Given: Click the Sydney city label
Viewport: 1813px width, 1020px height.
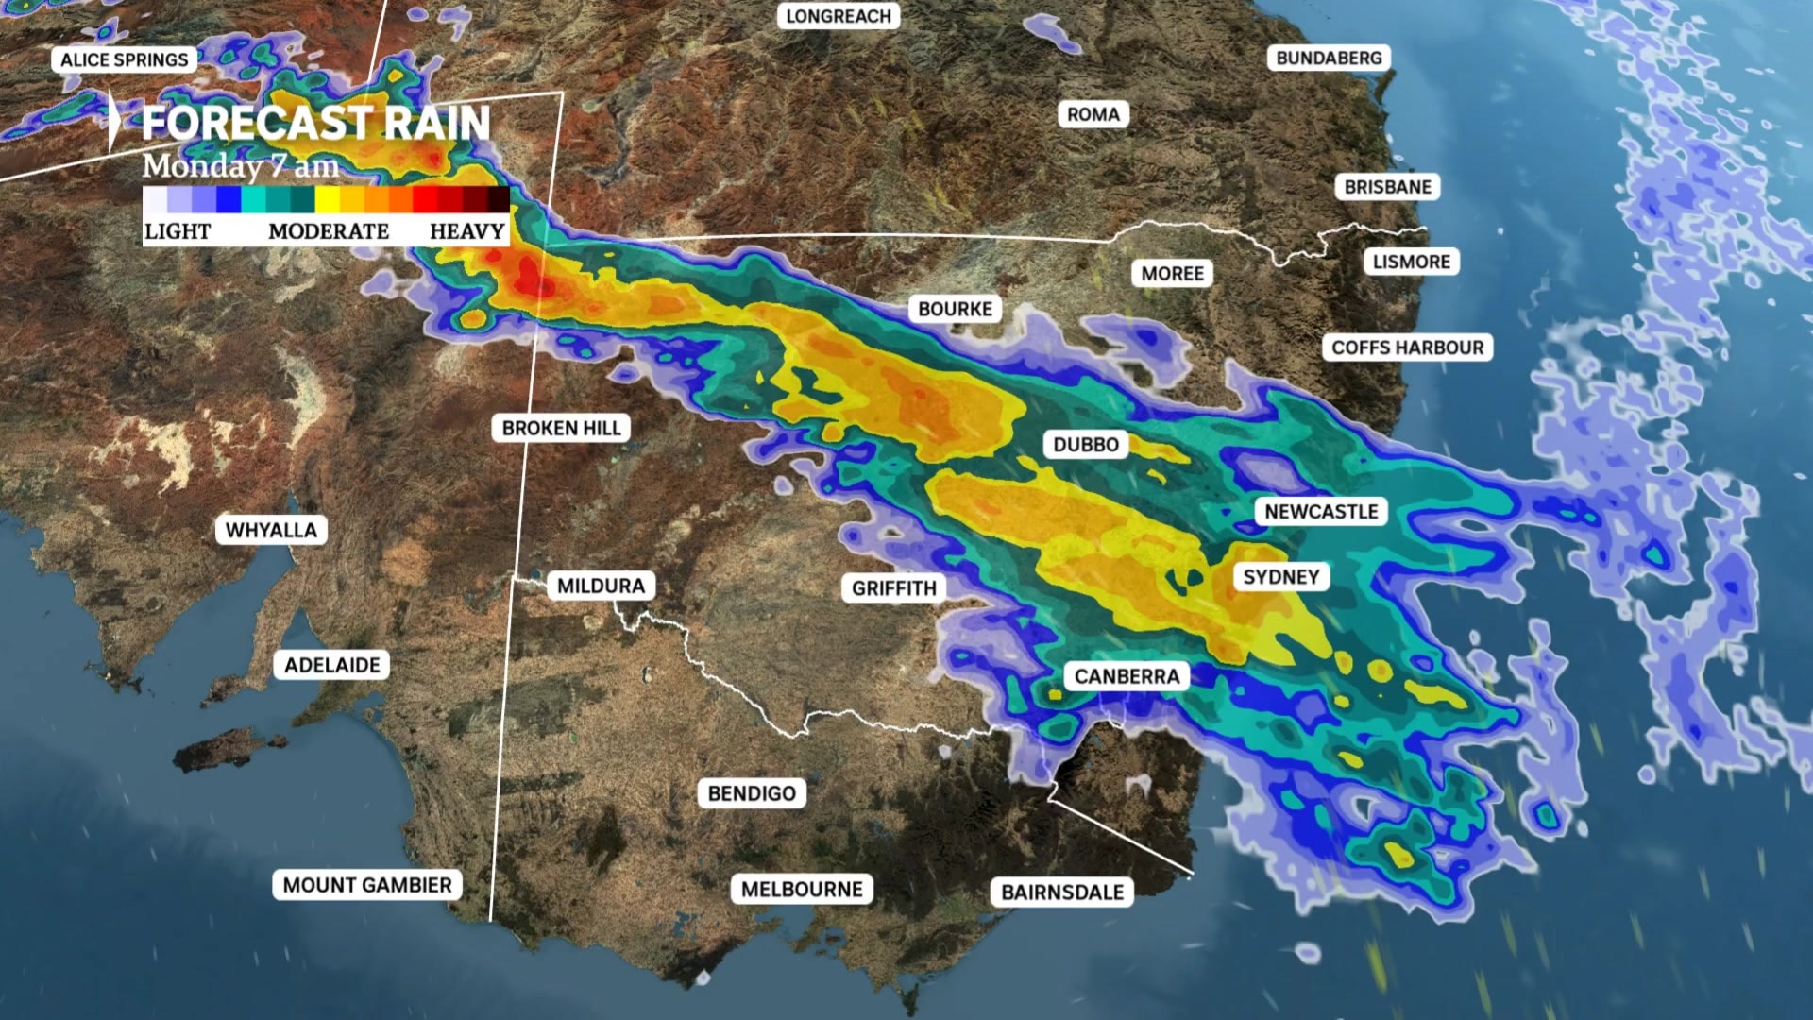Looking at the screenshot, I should (1280, 577).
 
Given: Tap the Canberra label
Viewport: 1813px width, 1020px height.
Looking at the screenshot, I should (1127, 676).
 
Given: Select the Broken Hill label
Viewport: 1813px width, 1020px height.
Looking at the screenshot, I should (561, 428).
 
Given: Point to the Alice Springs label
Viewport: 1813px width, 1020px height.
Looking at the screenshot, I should (124, 60).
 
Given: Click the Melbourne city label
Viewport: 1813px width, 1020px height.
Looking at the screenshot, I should (802, 890).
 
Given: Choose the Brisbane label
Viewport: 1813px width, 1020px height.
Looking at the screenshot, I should (1387, 187).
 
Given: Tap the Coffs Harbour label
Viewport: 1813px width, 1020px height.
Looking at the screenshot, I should (1407, 348).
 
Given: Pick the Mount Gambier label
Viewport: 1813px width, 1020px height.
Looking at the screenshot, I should (367, 885).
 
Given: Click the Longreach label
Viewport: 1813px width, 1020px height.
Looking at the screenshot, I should (838, 17).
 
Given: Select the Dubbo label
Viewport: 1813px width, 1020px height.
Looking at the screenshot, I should (1086, 445).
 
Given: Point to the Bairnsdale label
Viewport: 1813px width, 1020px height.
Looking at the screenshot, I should (1062, 892).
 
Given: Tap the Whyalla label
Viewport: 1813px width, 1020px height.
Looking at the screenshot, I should (271, 530).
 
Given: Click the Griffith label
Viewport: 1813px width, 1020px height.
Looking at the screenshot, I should (893, 588).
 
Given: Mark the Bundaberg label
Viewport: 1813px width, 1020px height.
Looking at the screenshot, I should (1328, 59).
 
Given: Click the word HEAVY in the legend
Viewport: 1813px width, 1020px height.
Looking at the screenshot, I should (466, 231).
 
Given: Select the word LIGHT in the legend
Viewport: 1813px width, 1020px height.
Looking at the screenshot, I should (178, 231).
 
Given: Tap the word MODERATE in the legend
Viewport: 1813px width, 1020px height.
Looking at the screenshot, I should (329, 231).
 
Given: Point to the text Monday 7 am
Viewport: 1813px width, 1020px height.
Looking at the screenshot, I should (240, 166).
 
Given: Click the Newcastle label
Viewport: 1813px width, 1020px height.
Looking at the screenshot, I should (1321, 512).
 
